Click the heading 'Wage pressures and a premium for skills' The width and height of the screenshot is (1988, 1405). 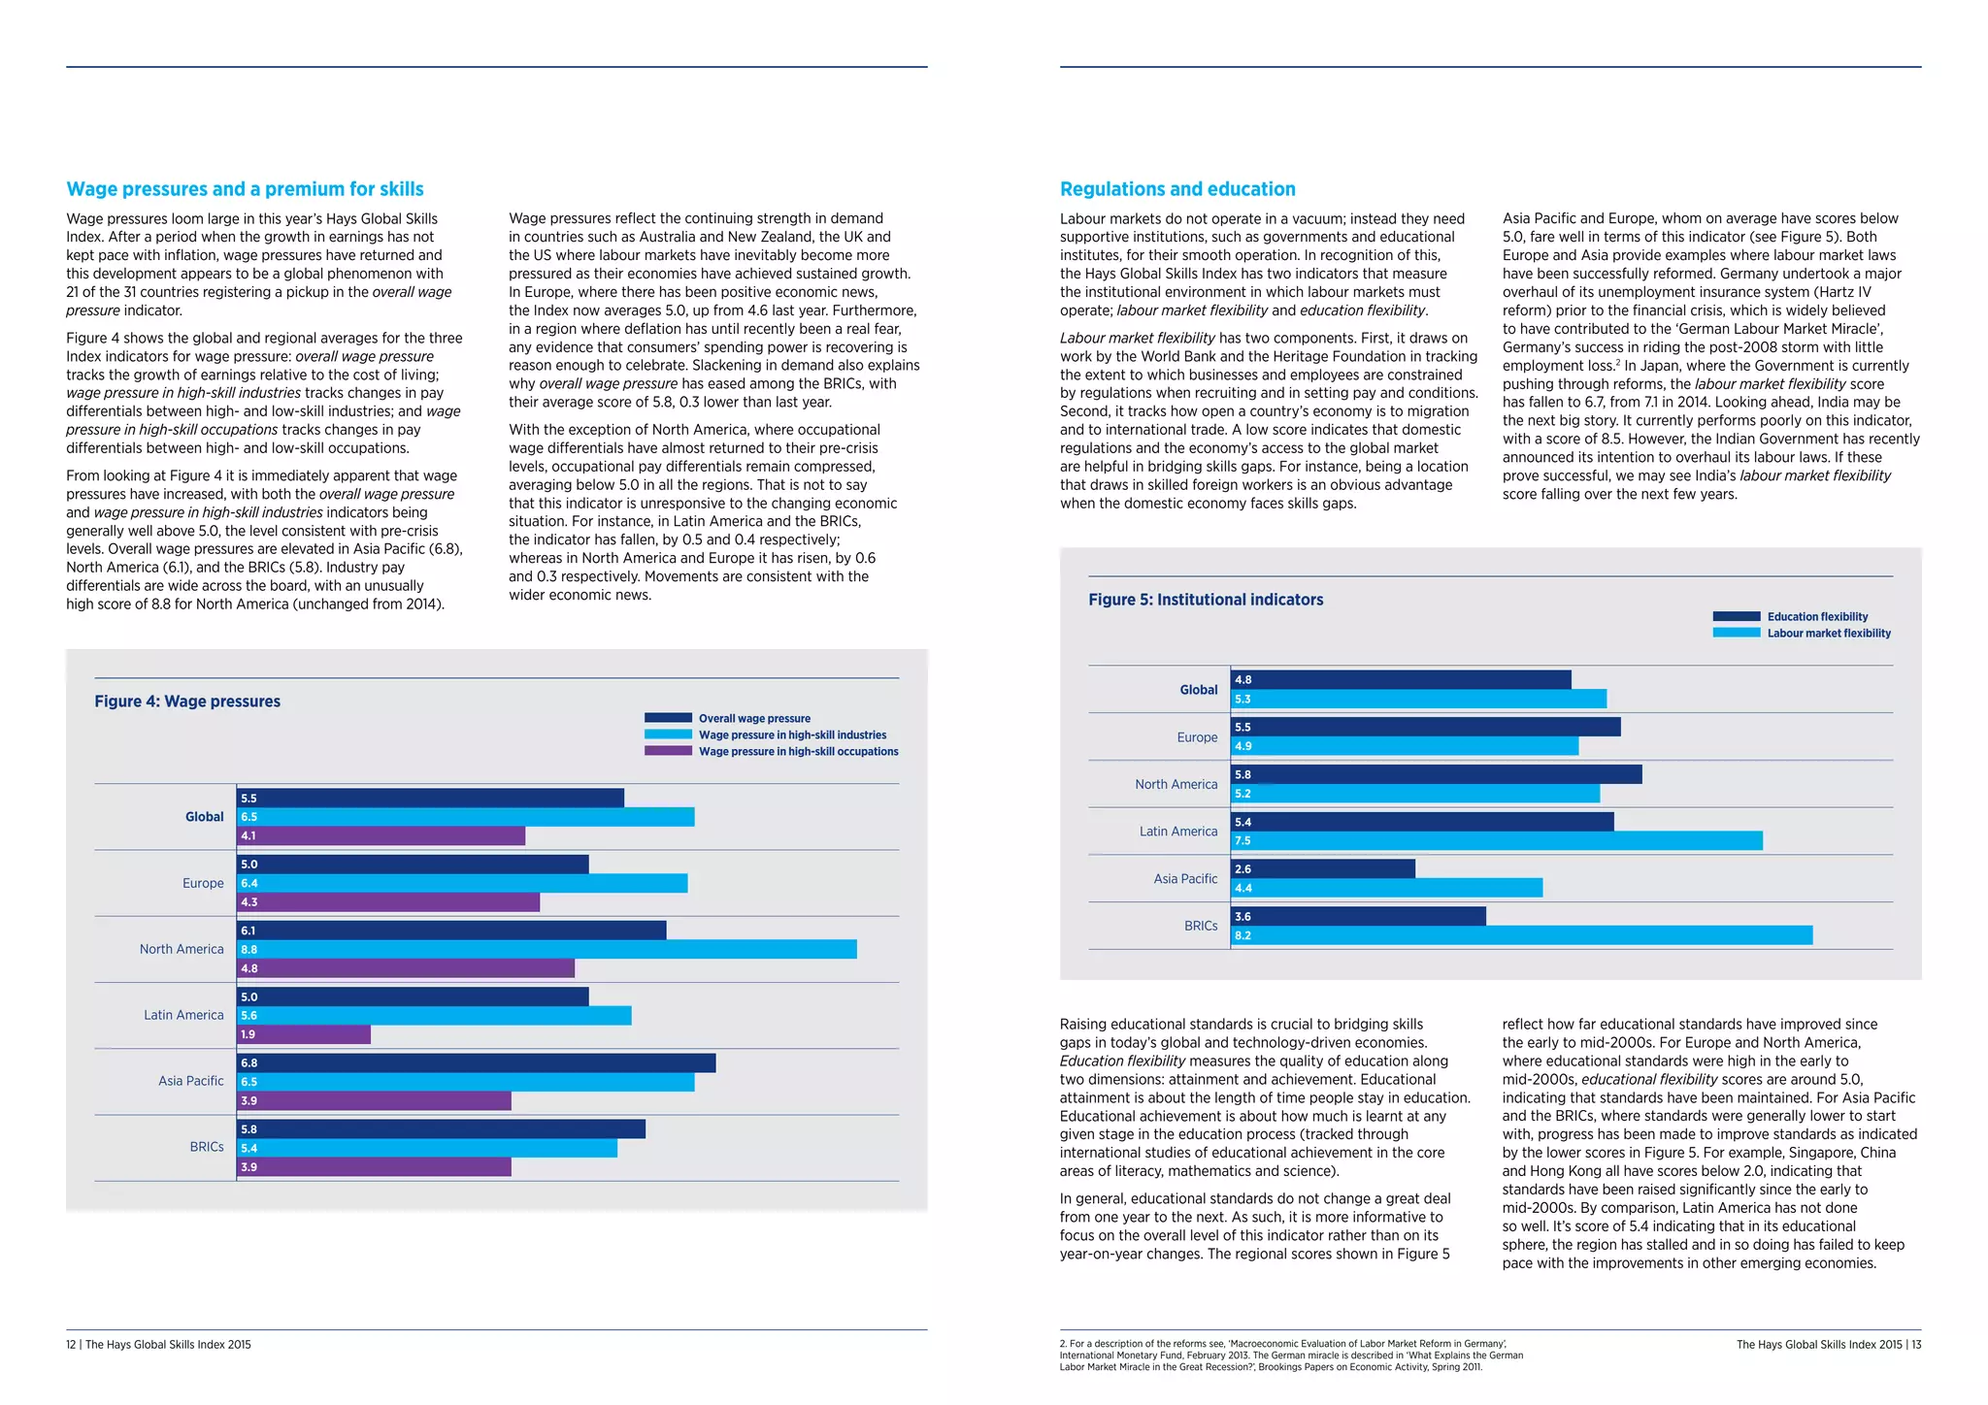point(245,189)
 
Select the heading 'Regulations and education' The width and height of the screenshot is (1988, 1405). point(1177,189)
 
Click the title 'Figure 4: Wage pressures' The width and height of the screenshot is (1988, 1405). point(187,702)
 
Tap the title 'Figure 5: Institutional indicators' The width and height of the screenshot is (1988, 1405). point(1206,600)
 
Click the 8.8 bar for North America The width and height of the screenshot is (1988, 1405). point(547,950)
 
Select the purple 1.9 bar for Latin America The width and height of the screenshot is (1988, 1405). point(304,1034)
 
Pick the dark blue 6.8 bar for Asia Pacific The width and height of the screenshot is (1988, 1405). point(476,1063)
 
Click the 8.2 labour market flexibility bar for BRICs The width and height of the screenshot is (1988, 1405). point(1521,935)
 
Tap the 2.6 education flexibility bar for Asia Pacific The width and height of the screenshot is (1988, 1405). point(1322,869)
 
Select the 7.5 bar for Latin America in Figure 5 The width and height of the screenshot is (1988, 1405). point(1496,841)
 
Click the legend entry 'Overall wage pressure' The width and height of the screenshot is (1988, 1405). point(753,719)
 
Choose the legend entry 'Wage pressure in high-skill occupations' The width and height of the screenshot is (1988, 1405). point(798,752)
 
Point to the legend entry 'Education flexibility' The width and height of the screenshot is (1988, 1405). point(1816,617)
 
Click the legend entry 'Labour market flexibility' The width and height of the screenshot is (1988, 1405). point(1828,634)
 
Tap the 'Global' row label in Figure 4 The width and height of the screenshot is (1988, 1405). point(204,817)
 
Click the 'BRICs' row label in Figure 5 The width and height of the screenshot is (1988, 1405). point(1200,926)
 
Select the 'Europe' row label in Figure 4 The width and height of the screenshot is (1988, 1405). point(203,883)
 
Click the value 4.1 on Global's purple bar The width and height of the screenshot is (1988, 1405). point(248,835)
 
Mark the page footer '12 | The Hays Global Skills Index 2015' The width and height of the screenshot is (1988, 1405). point(158,1345)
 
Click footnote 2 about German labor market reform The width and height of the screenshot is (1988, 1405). point(1291,1356)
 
